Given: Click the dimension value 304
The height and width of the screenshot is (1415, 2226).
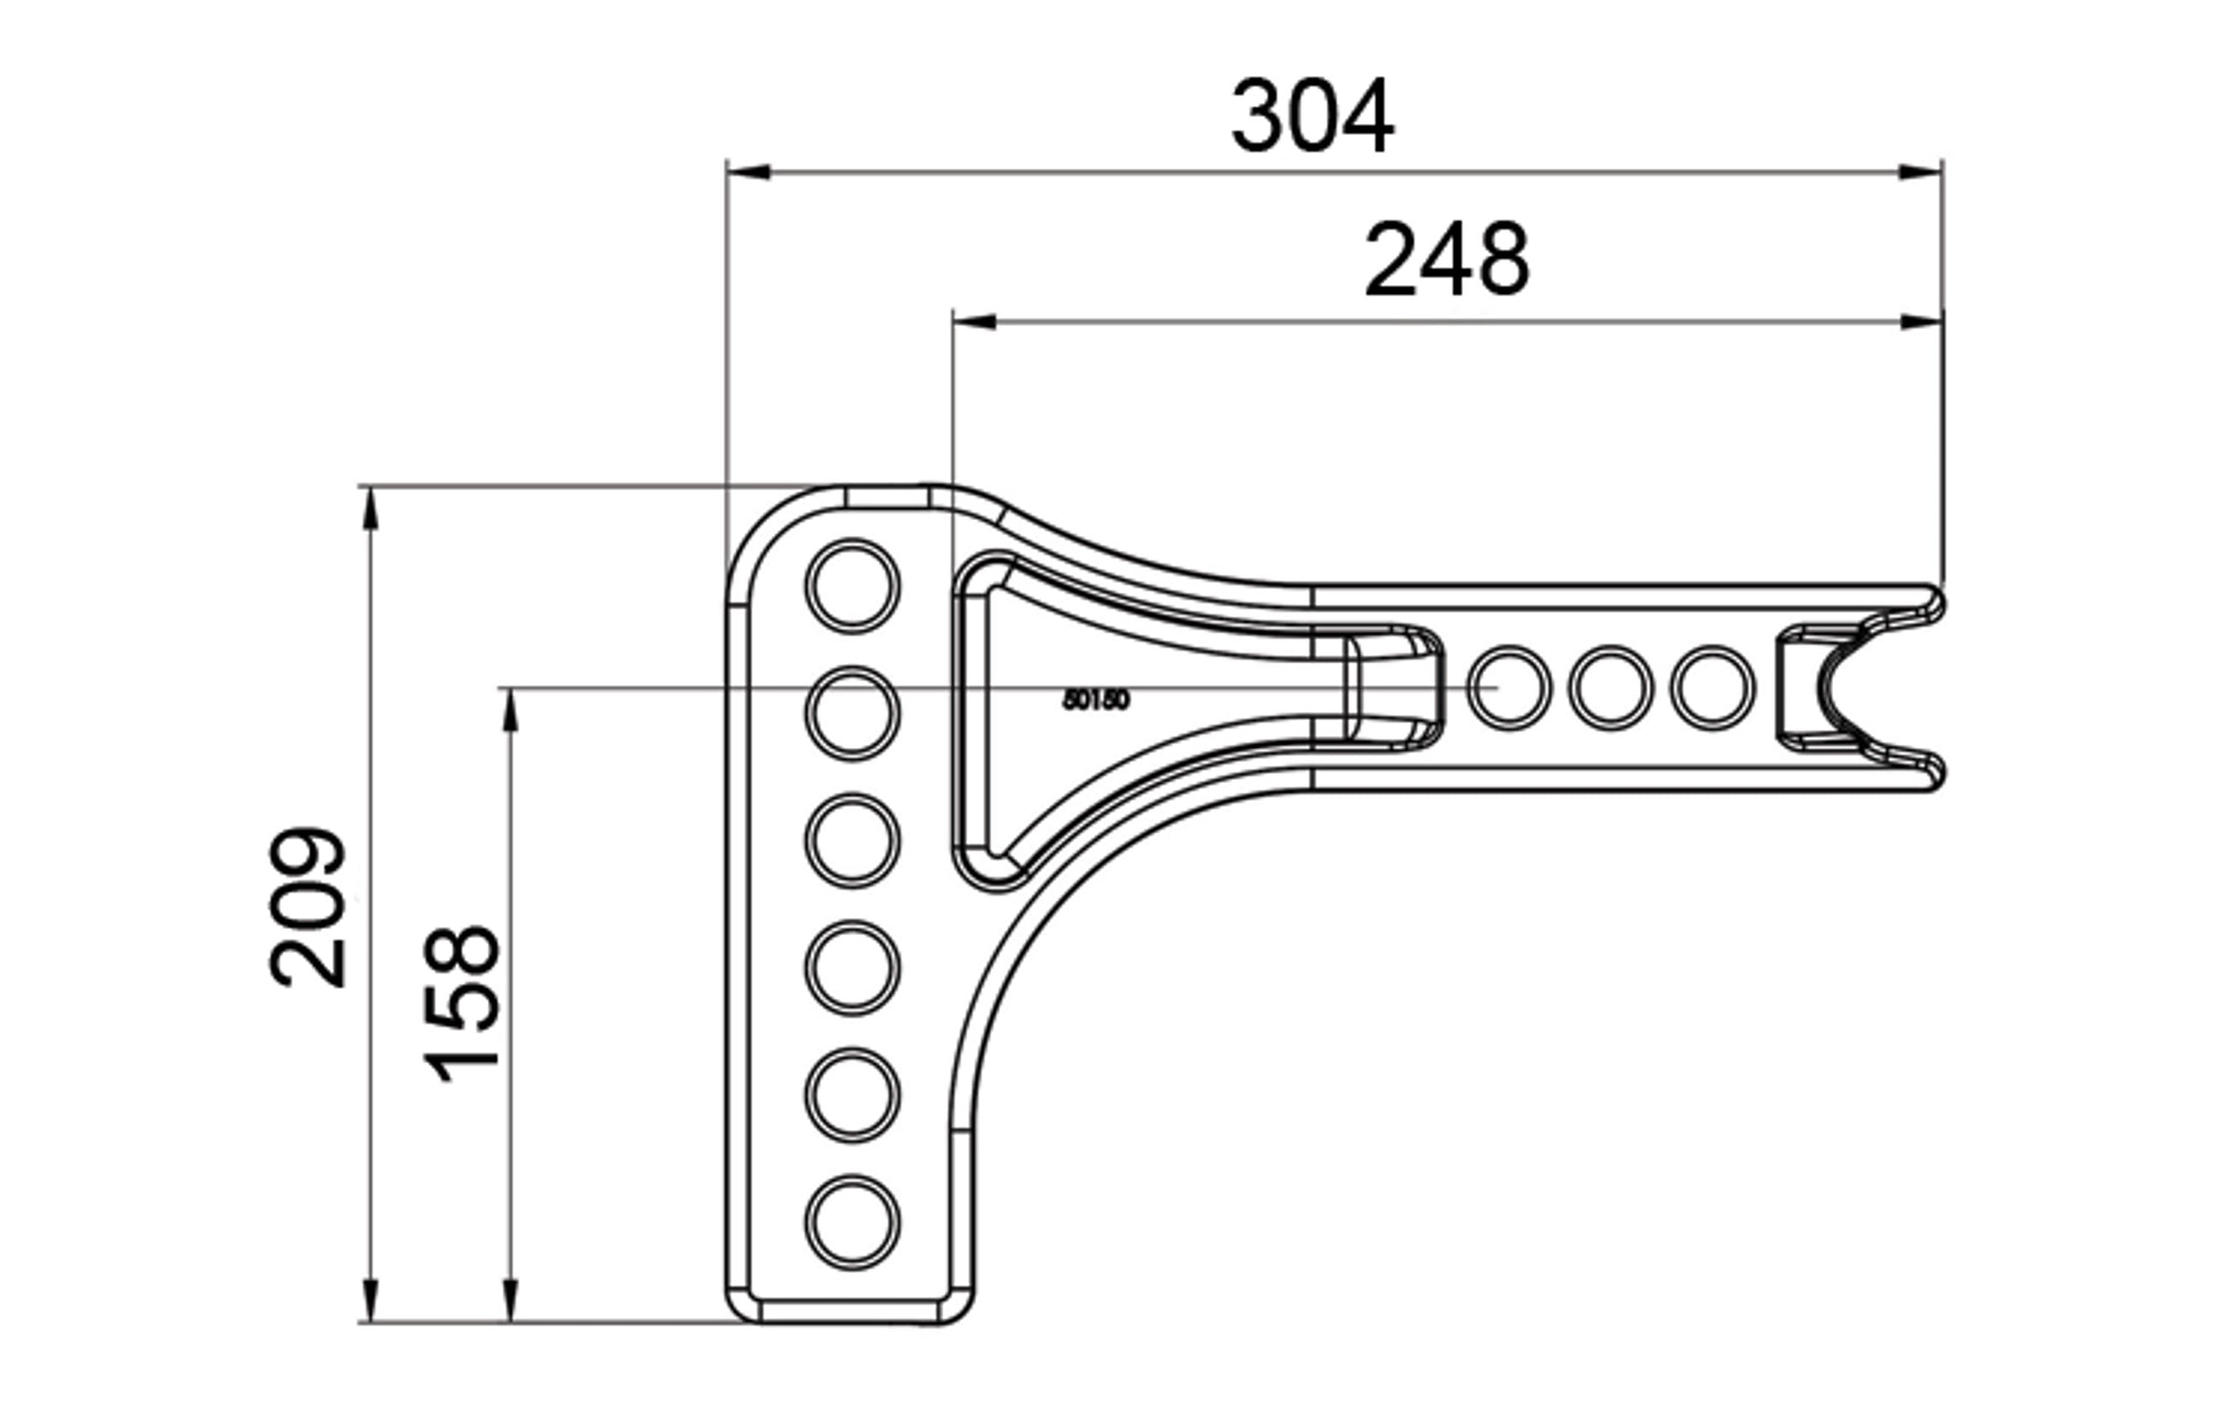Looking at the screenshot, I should pos(1312,116).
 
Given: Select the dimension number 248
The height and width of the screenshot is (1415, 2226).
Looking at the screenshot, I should pos(1447,260).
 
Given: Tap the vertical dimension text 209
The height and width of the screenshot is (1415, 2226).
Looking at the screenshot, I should pos(308,908).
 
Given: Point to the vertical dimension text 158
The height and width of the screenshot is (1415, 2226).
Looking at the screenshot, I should pos(461,1003).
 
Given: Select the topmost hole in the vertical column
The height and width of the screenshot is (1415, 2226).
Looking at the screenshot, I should pos(852,586).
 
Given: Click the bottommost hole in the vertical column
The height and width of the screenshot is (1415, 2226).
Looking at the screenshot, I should pos(852,1222).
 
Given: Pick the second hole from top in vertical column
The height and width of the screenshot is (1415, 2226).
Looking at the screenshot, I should pos(852,714).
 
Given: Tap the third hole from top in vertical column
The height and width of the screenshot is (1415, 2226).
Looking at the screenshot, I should pos(852,840).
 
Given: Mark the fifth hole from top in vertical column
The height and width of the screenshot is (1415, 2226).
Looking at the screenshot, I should pos(852,1096).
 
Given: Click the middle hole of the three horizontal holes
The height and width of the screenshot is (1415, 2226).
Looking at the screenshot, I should pos(1610,687).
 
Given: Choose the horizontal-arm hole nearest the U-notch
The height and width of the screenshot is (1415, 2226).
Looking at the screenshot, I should pos(1712,687).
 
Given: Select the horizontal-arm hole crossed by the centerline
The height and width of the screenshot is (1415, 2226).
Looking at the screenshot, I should pos(1508,687).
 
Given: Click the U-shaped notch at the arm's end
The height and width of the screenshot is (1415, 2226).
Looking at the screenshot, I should pos(1840,687).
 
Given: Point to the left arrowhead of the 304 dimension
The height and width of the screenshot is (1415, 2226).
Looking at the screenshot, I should pos(748,172).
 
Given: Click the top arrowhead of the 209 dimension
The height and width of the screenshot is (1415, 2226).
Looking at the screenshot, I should pos(371,508).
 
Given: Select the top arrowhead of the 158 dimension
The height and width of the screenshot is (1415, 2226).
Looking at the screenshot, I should pos(510,710).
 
